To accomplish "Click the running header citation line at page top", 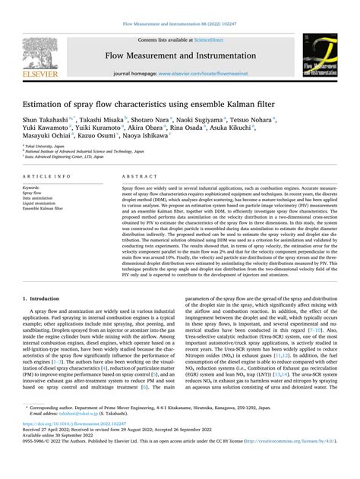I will click(x=180, y=24).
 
